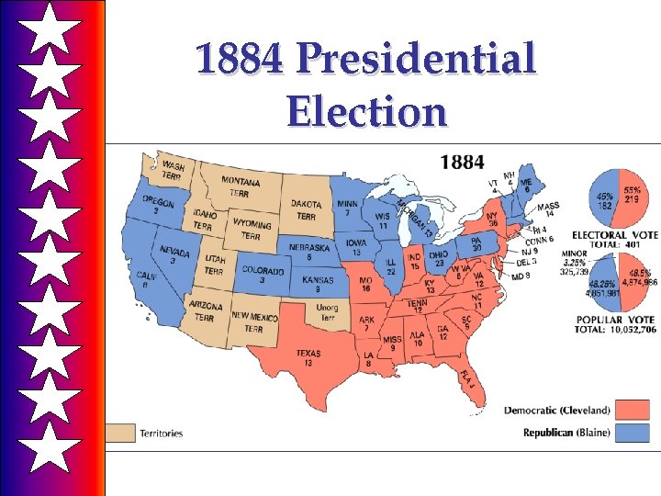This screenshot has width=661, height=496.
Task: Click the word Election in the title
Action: click(x=366, y=113)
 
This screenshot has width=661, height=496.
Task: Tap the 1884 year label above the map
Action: click(x=462, y=162)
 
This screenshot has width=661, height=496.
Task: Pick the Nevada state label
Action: click(x=174, y=254)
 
